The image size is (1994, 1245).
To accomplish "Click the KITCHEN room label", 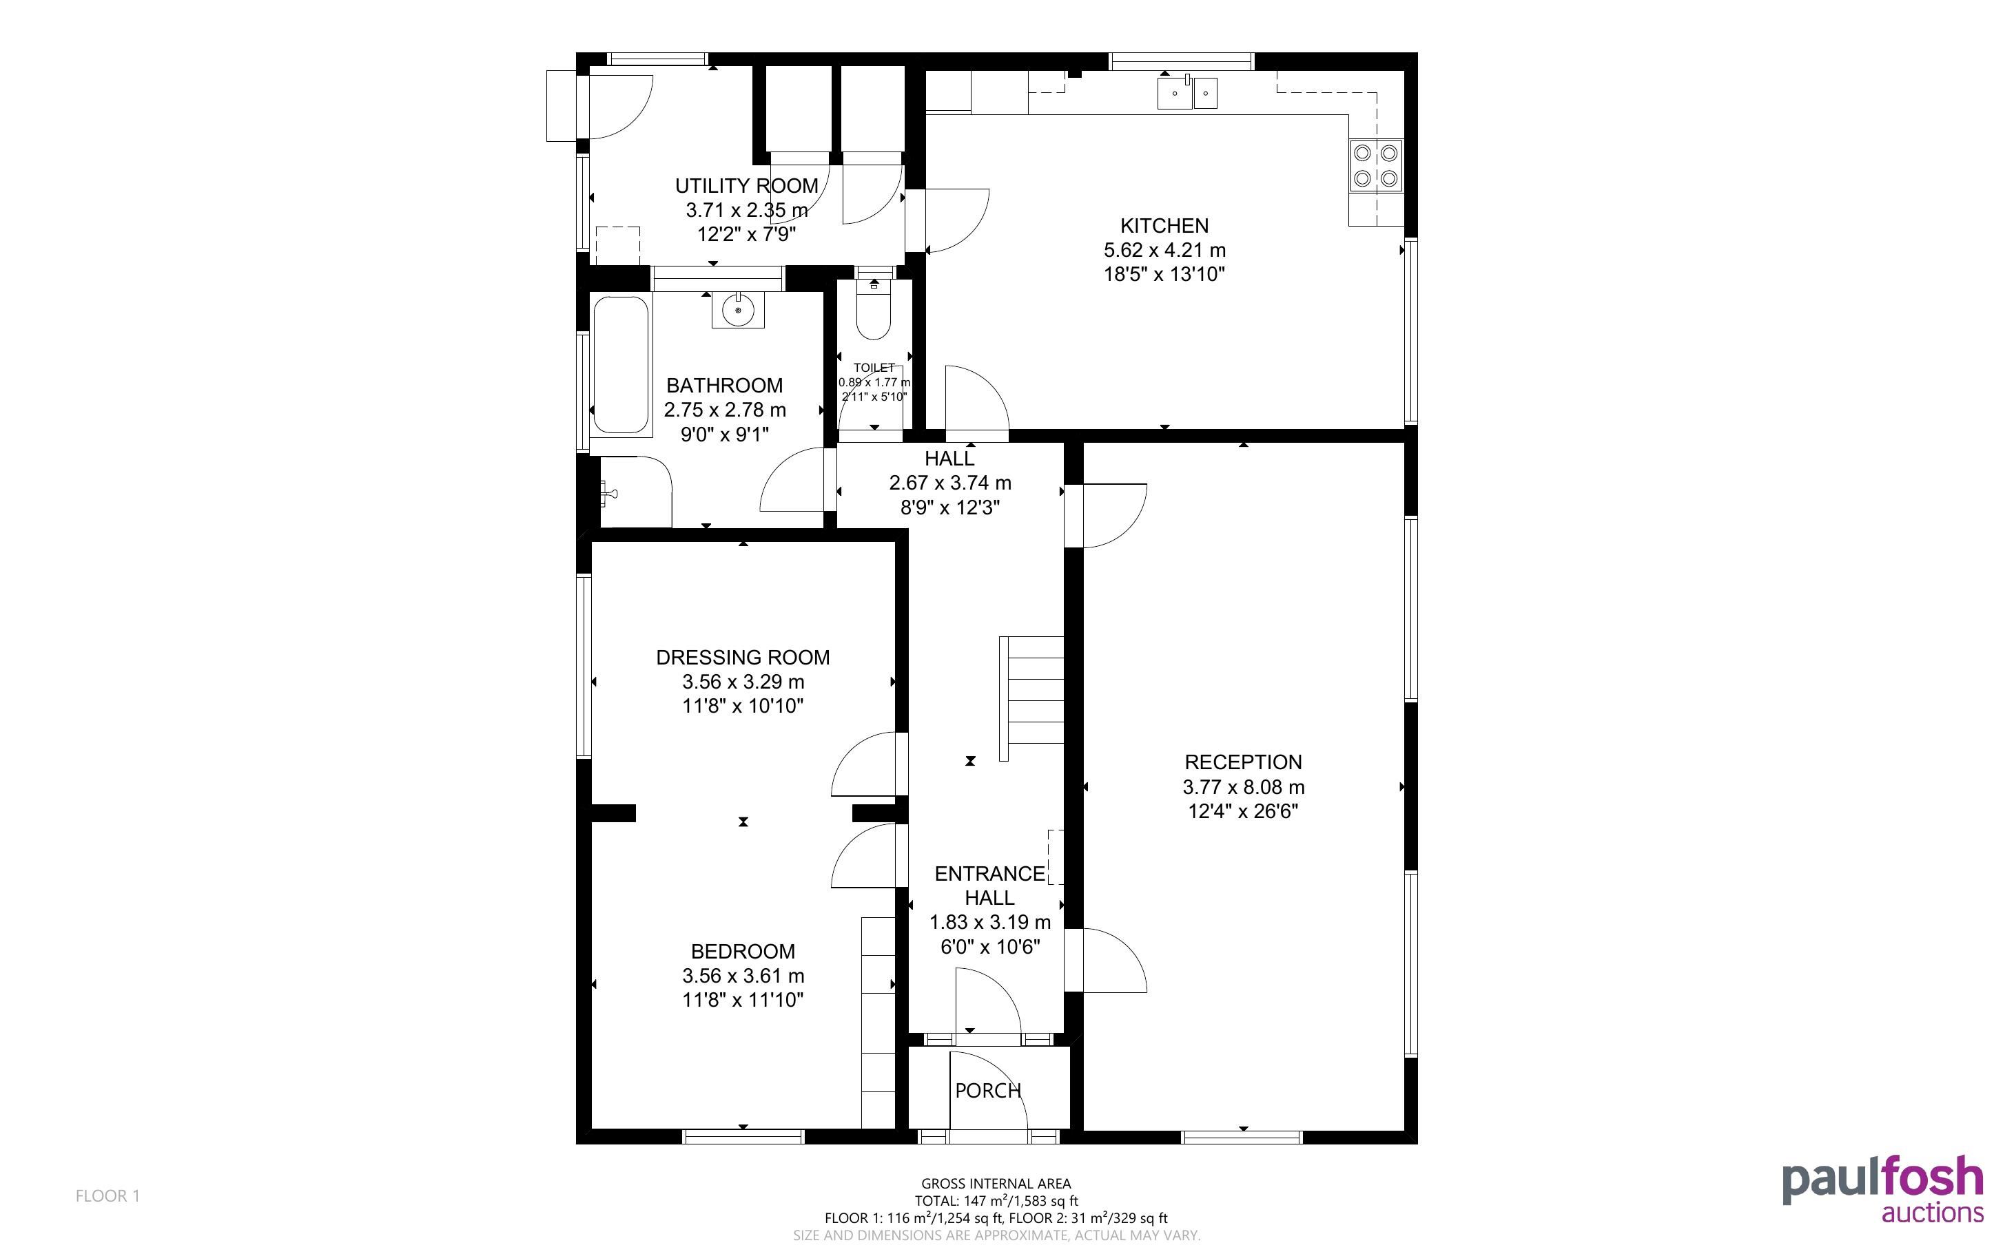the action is (x=1164, y=226).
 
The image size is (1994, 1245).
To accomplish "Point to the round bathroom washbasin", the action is (x=738, y=310).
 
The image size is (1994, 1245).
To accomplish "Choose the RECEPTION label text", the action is (x=1243, y=762).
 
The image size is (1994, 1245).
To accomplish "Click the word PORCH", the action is (x=987, y=1090).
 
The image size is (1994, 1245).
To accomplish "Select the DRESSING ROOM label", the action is (x=743, y=657).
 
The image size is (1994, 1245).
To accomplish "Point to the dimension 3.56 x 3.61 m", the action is (x=743, y=976).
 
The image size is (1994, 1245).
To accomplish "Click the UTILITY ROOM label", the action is (x=747, y=186).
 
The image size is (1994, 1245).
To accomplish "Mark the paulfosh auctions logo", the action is (x=1883, y=1188).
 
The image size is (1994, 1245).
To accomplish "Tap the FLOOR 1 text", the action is (x=108, y=1195).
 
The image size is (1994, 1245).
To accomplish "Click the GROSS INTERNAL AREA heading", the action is (x=996, y=1184).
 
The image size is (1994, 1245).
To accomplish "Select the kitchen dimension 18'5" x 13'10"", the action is (x=1164, y=274).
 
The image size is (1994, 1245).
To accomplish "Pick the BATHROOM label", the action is (x=724, y=386).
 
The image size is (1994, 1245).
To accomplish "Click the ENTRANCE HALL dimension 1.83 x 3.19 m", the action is (x=990, y=922).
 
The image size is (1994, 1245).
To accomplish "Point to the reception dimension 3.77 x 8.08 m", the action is (x=1243, y=787).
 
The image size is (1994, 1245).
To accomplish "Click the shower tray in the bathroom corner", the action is (x=636, y=492).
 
